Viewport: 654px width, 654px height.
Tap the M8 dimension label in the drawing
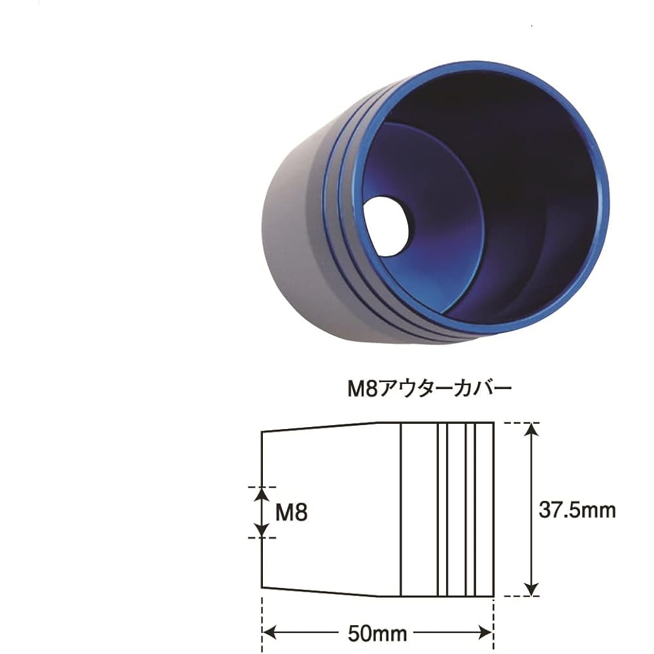pyautogui.click(x=292, y=512)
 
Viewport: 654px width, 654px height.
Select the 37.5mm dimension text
pyautogui.click(x=577, y=509)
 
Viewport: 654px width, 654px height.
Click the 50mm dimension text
pyautogui.click(x=377, y=634)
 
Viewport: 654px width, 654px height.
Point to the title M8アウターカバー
pyautogui.click(x=430, y=389)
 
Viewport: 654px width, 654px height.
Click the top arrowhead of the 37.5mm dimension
pyautogui.click(x=530, y=429)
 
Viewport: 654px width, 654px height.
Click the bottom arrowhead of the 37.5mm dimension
pyautogui.click(x=530, y=589)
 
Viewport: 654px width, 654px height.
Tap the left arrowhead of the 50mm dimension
pyautogui.click(x=270, y=634)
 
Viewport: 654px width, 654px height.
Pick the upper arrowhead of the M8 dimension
pyautogui.click(x=262, y=494)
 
